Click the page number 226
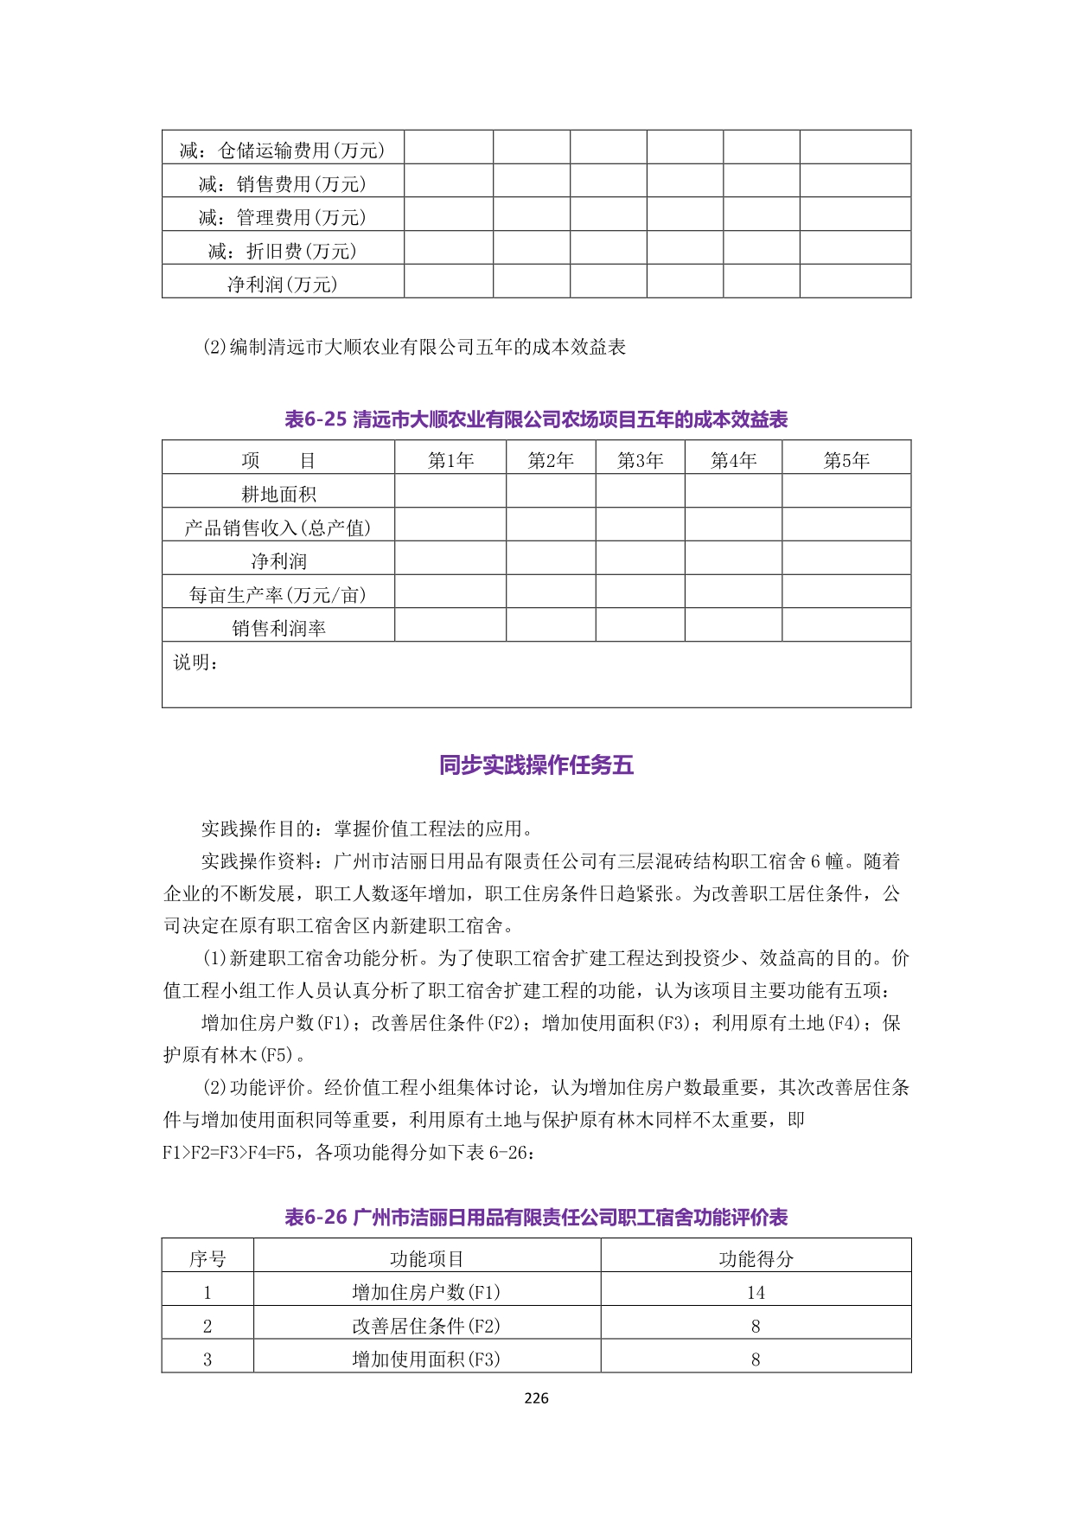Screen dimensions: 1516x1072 [536, 1398]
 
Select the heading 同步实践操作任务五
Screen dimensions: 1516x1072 [536, 765]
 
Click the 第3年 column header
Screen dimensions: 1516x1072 [640, 460]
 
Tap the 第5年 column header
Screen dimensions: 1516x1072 [845, 460]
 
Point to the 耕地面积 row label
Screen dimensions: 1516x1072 [278, 494]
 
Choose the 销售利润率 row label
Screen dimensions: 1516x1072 [278, 628]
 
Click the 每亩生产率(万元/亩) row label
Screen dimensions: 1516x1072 [278, 594]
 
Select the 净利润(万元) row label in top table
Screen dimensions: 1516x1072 [283, 285]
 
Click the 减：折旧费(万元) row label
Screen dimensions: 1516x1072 [283, 251]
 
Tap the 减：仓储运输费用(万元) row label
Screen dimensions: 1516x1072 [283, 150]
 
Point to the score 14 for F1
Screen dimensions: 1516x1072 [756, 1292]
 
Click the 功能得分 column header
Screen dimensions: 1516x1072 [756, 1258]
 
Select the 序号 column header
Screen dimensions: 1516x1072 [207, 1258]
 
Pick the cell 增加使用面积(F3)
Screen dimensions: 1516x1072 [426, 1359]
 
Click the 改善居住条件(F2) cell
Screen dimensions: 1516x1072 [426, 1326]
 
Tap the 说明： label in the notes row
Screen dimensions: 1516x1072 [196, 662]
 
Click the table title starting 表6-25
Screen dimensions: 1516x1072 [536, 419]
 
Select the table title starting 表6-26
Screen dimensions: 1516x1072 [536, 1218]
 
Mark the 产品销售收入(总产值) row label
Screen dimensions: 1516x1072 [278, 528]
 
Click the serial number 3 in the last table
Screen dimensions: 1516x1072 [207, 1359]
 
